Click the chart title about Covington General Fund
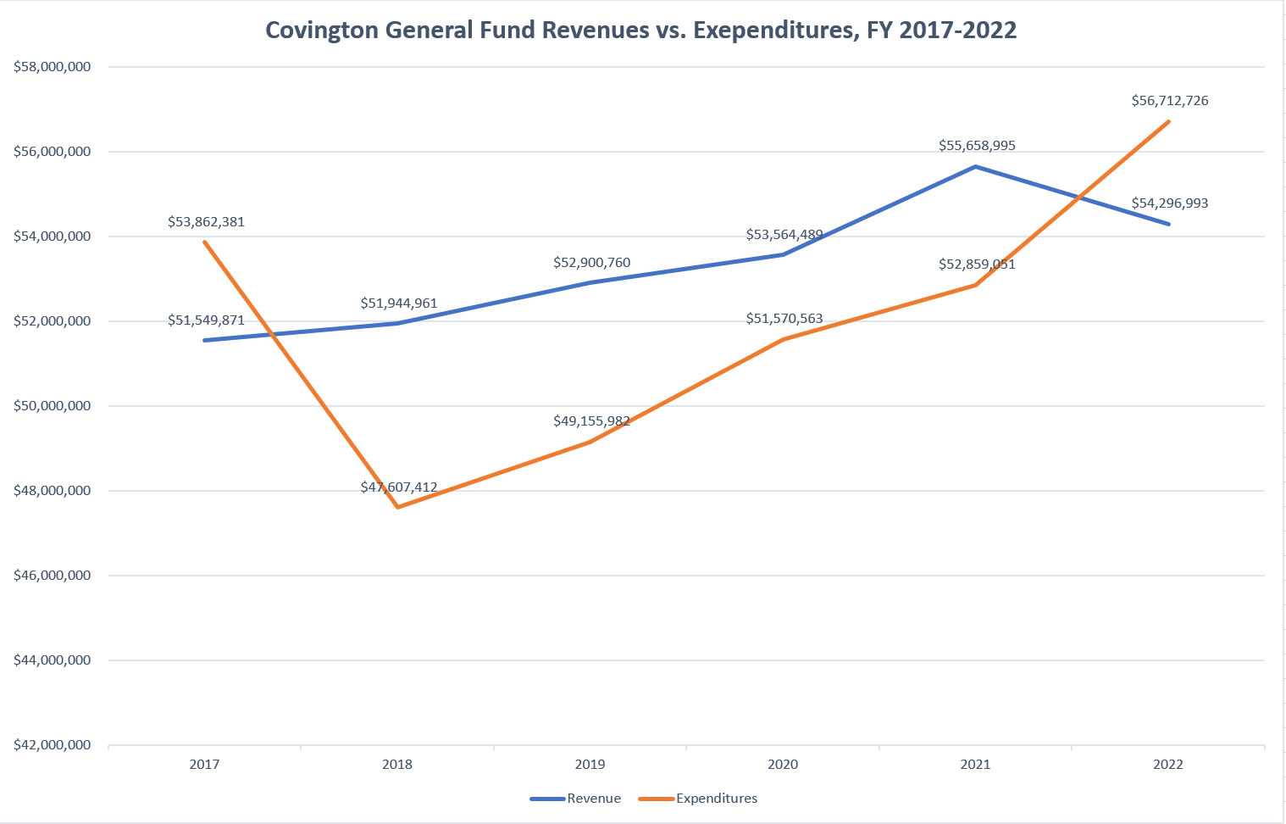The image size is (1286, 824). pyautogui.click(x=640, y=30)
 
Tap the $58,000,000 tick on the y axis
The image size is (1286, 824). pyautogui.click(x=53, y=67)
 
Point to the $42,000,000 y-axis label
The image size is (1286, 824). pyautogui.click(x=53, y=745)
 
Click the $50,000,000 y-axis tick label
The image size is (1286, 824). pyautogui.click(x=53, y=406)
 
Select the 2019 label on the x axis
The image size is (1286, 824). pyautogui.click(x=590, y=765)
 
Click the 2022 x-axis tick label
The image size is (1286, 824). pyautogui.click(x=1168, y=765)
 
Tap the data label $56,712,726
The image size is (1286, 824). pyautogui.click(x=1169, y=101)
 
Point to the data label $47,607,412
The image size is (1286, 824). pyautogui.click(x=398, y=487)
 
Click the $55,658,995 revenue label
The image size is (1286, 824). pyautogui.click(x=976, y=146)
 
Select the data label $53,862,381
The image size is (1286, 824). pyautogui.click(x=206, y=222)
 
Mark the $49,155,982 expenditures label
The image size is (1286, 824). pyautogui.click(x=591, y=421)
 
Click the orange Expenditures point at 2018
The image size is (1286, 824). pyautogui.click(x=398, y=507)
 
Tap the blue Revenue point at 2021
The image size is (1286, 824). pyautogui.click(x=976, y=167)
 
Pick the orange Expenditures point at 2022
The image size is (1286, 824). pyautogui.click(x=1169, y=121)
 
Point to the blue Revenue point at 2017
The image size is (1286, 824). pyautogui.click(x=205, y=340)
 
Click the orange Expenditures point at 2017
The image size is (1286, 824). pyautogui.click(x=205, y=242)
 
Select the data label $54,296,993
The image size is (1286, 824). pyautogui.click(x=1169, y=203)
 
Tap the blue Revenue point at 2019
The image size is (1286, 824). pyautogui.click(x=590, y=282)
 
